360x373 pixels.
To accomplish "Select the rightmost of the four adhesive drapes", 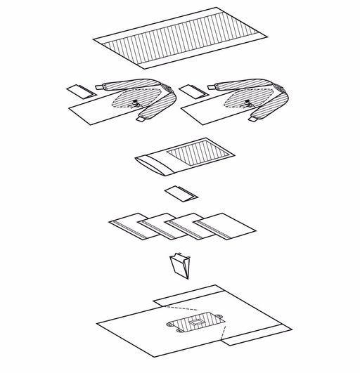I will click(x=224, y=226).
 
